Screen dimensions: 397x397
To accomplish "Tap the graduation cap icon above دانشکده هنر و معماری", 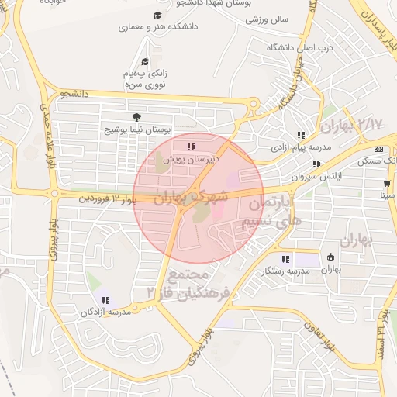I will coord(158,16).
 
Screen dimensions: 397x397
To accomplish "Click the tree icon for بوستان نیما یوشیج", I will coord(136,117).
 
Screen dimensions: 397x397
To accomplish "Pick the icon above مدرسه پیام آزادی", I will coord(301,135).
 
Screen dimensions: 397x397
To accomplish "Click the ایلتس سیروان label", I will coord(316,176).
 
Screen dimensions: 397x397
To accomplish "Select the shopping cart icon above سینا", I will coord(386,185).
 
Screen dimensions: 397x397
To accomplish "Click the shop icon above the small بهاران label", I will coord(331,257).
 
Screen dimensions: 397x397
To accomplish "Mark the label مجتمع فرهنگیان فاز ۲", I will coord(185,283).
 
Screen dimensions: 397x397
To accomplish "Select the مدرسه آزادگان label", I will coord(105,312).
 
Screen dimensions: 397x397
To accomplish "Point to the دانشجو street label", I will coord(71,95).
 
